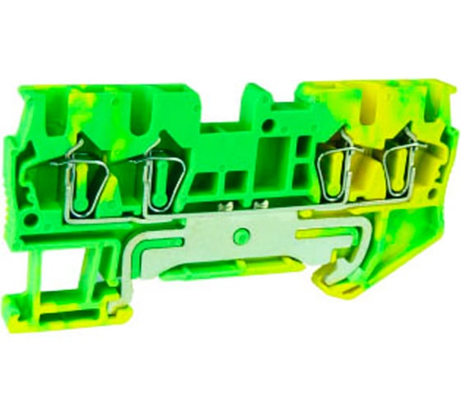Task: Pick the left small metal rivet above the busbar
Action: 221,203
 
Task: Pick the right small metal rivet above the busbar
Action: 263,203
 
